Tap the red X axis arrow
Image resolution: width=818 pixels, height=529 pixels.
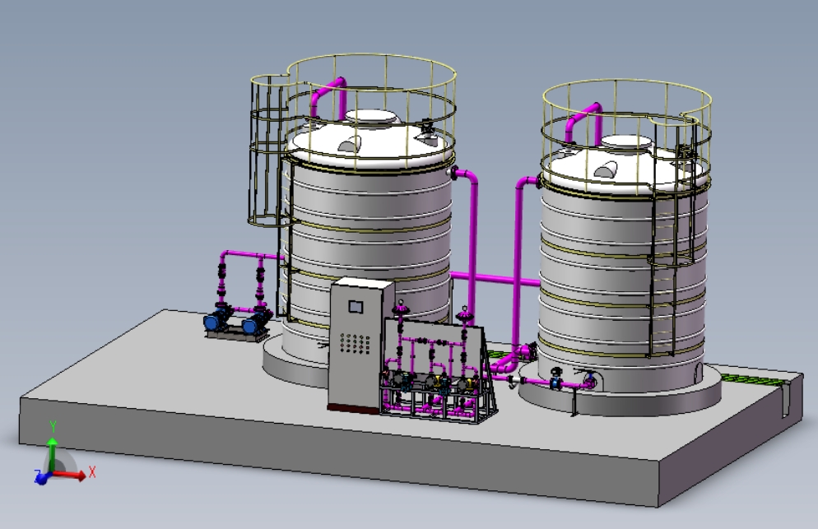[x=67, y=475]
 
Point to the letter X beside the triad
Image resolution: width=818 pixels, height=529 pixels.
[x=92, y=472]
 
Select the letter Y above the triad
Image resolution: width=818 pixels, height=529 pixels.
[x=53, y=427]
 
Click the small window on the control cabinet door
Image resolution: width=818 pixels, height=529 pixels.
[x=356, y=306]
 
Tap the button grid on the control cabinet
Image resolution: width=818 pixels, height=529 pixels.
[x=356, y=343]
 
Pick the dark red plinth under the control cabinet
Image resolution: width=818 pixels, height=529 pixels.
[x=353, y=409]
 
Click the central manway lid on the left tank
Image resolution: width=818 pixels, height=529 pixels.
[x=371, y=118]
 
